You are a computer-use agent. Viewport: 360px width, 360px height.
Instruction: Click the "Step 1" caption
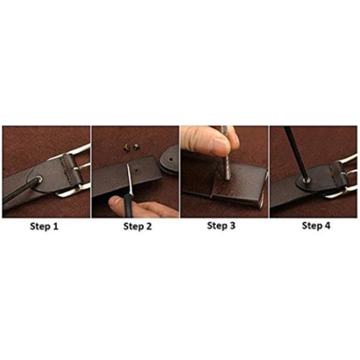pos(44,227)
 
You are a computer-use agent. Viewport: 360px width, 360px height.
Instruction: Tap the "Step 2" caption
pos(137,227)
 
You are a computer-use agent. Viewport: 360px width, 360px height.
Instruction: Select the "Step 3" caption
pos(221,226)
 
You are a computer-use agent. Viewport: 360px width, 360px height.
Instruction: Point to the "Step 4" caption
pos(316,226)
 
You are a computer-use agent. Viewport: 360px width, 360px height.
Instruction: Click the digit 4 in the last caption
pos(327,226)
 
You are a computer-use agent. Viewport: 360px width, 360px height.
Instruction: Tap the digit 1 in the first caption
pos(55,226)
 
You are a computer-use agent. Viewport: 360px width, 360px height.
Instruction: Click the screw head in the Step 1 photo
pos(40,179)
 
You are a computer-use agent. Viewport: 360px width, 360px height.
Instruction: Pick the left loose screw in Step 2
pos(127,146)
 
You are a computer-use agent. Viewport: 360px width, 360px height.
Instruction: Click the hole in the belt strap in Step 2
pos(137,171)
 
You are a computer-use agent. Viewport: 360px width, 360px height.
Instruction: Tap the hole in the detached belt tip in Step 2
pos(170,158)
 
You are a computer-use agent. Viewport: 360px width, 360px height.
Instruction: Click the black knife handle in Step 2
pos(128,206)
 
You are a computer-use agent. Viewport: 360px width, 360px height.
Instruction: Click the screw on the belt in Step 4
pos(307,181)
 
